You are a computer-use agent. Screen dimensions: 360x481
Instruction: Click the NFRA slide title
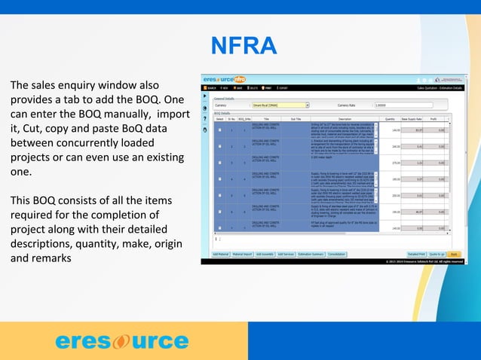[x=243, y=47]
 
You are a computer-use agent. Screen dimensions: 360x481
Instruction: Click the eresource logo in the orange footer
[x=121, y=341]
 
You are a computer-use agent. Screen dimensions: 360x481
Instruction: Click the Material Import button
[x=244, y=255]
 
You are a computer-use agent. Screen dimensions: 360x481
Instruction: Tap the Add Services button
[x=286, y=255]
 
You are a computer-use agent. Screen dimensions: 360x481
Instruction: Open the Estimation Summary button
[x=311, y=255]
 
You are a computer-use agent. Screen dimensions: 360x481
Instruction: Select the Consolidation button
[x=336, y=255]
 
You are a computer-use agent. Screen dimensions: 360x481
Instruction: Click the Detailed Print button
[x=417, y=255]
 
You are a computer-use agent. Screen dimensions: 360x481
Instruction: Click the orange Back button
[x=453, y=255]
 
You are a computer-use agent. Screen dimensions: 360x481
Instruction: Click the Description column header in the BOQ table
[x=345, y=119]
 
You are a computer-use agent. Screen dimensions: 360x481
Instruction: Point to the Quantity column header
[x=390, y=119]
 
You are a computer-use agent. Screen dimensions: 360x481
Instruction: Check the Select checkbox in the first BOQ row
[x=220, y=129]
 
